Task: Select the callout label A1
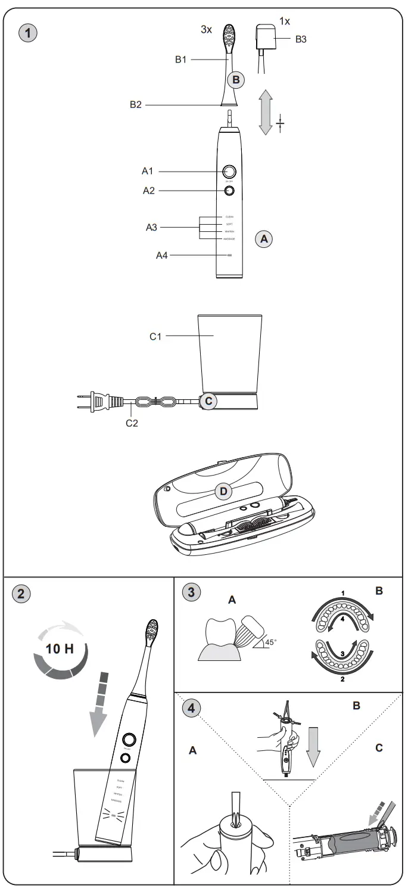148,172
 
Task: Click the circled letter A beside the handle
263,238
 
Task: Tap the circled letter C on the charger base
207,401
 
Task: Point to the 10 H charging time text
61,648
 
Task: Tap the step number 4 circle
190,709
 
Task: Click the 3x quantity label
205,29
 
